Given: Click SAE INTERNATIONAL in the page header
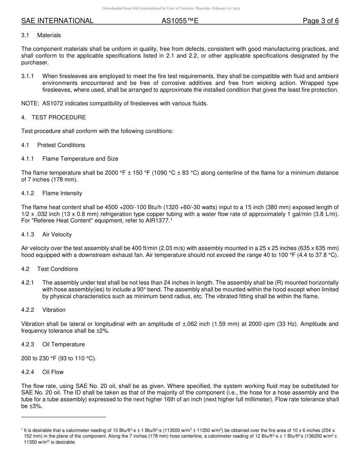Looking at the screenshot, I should [57, 21].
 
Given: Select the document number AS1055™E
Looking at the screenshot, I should [180, 21].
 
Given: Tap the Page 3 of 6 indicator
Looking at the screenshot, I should [321, 21].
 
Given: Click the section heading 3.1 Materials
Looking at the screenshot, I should [41, 35].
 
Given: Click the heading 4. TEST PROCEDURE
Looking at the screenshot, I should [53, 117].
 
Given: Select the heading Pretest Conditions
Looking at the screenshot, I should [61, 145].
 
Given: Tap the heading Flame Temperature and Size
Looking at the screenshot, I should [80, 159].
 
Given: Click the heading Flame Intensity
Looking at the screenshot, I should [62, 193].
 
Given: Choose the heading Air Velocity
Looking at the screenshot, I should [57, 235].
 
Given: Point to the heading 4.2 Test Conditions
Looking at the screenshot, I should [50, 269].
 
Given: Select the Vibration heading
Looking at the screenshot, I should [54, 310].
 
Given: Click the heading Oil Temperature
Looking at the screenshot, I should [63, 344].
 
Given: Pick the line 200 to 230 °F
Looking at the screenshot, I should [59, 358].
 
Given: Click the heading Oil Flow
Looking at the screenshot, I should [53, 372].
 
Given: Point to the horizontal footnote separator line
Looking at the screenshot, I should [63, 417].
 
